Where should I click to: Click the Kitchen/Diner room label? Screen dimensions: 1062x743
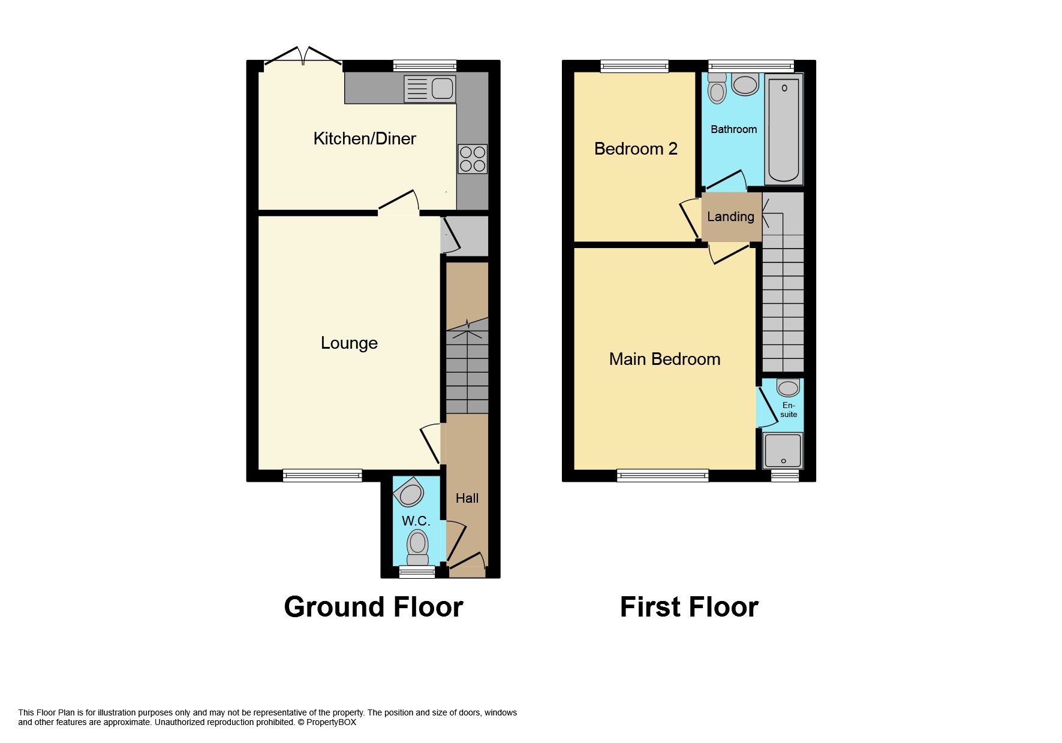pos(365,138)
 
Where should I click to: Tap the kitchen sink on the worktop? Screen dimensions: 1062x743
pos(430,89)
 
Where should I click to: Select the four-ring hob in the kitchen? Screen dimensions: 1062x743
pos(473,159)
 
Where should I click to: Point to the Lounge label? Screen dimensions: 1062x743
pos(349,343)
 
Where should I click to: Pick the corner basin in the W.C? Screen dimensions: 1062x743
pos(409,493)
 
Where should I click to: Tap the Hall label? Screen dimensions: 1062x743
pos(467,498)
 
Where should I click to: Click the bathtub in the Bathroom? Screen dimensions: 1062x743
pos(784,129)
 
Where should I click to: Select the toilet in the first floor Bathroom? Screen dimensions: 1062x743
pos(717,89)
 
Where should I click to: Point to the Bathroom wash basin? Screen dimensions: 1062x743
pos(745,84)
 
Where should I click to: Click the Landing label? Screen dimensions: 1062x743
pos(730,217)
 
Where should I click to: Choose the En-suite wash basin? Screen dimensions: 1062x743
pos(788,388)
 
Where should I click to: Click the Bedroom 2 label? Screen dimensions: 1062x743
pos(636,149)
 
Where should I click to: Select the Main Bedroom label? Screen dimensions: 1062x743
pos(664,359)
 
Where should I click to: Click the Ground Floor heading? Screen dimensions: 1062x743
pos(374,607)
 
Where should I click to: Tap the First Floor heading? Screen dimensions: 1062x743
pos(689,607)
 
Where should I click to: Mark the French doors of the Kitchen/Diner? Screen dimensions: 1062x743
pos(303,57)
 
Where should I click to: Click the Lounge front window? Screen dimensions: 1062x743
pos(323,475)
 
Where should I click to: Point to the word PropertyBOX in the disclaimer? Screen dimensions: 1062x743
pos(331,722)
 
